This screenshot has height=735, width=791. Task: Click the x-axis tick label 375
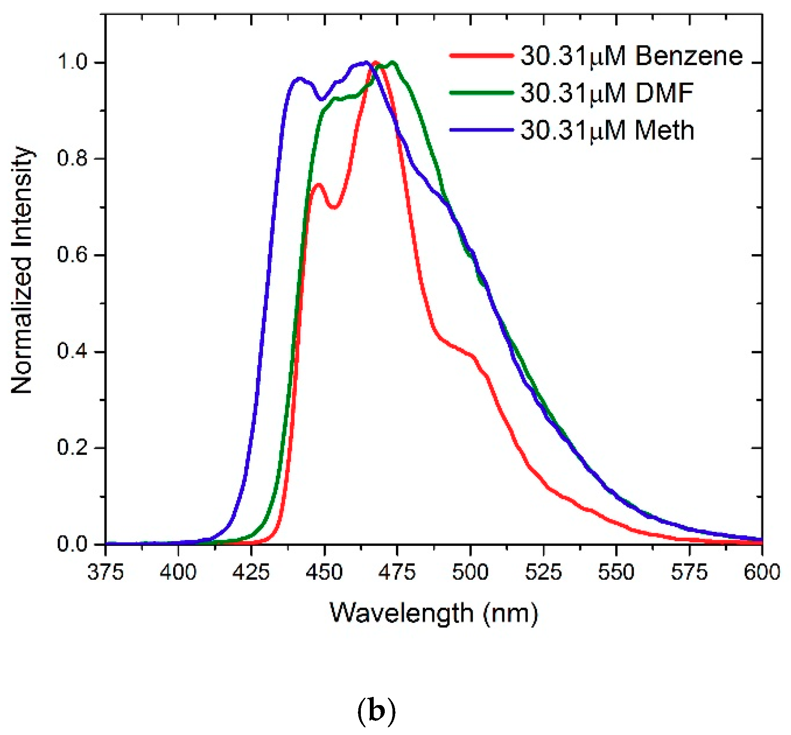point(105,572)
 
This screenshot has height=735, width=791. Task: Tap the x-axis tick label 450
point(324,572)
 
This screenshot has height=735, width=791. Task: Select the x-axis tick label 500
point(470,572)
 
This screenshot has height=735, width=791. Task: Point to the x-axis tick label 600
point(762,572)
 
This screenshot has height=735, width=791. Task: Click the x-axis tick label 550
point(616,572)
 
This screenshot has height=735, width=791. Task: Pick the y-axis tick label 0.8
point(72,158)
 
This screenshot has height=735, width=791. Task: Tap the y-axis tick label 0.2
point(72,448)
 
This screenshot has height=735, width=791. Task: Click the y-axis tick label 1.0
point(72,62)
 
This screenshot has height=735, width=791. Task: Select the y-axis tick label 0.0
point(72,544)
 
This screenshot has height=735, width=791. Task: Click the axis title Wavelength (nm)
point(434,613)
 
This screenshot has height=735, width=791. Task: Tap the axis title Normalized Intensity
point(21,270)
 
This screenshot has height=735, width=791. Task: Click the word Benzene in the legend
point(689,56)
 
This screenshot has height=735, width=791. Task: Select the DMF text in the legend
point(664,93)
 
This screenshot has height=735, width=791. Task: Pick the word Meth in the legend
point(664,130)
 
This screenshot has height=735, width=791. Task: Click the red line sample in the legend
point(481,56)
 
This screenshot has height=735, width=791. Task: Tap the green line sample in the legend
point(481,93)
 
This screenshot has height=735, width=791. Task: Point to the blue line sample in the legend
point(481,130)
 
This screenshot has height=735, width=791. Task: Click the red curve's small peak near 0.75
point(318,185)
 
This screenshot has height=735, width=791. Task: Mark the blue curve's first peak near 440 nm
point(299,79)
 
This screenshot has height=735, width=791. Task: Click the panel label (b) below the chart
point(376,711)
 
